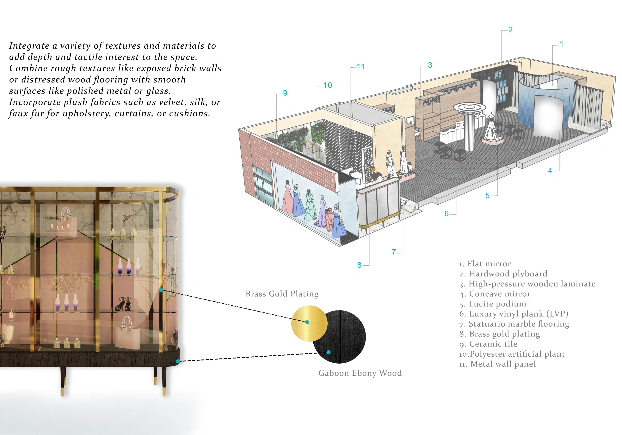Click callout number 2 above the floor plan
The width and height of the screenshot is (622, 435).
[x=510, y=30]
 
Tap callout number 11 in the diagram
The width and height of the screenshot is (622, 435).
[x=360, y=67]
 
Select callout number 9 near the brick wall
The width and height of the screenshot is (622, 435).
[x=285, y=93]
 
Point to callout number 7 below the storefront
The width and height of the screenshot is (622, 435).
[x=394, y=252]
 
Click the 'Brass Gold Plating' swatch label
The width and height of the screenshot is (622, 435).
[x=282, y=294]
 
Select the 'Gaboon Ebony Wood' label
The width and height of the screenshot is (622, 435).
[x=360, y=373]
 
